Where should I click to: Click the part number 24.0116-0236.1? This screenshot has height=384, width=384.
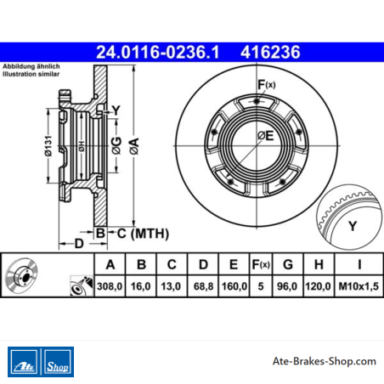(158, 53)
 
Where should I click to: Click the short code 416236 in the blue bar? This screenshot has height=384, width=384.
(270, 53)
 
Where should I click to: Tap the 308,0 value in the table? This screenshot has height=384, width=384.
(110, 286)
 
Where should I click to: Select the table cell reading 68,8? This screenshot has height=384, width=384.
(203, 286)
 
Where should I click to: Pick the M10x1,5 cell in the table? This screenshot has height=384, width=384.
(359, 286)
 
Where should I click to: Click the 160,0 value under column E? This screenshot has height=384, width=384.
(234, 286)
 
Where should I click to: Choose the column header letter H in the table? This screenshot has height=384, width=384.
(319, 264)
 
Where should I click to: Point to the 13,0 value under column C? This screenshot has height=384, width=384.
(171, 286)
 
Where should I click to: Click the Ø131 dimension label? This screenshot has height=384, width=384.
(48, 146)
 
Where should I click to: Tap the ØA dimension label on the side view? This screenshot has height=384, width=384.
(134, 146)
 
